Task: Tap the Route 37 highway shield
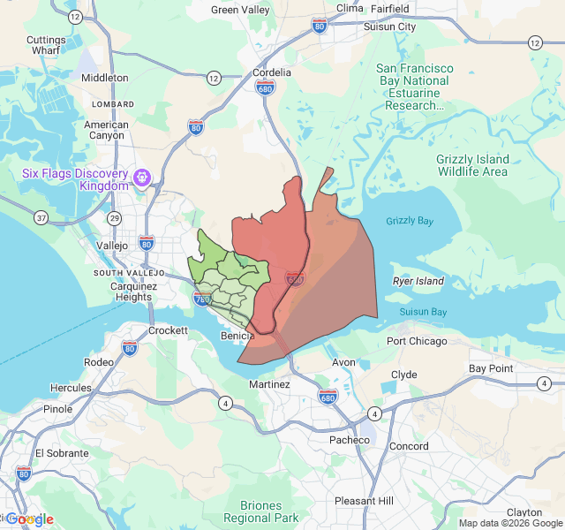[41, 217]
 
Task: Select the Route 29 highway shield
[114, 217]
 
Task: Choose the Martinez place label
[269, 384]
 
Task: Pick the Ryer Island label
[418, 281]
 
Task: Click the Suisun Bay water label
[423, 312]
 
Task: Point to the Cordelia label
[272, 72]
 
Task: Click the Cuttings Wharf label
[46, 46]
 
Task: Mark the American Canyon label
[106, 131]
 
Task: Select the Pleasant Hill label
[364, 501]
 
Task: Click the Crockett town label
[168, 330]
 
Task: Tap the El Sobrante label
[62, 452]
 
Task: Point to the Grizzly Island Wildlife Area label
[472, 165]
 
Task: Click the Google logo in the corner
[29, 519]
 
